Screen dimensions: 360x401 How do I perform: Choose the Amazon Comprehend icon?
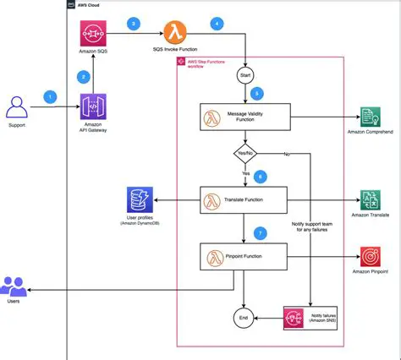371,117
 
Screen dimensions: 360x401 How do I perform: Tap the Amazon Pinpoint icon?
371,257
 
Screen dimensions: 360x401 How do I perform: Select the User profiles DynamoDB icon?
139,201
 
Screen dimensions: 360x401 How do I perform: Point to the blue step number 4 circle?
217,24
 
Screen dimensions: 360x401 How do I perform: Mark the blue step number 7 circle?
261,232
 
